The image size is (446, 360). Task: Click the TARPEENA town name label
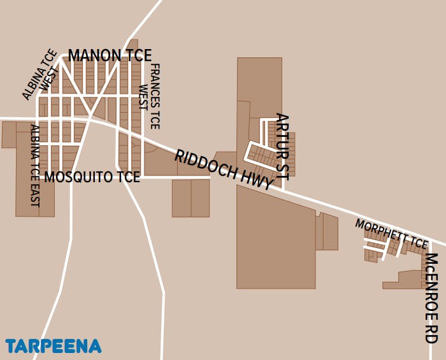54,346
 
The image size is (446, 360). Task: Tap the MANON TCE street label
110,55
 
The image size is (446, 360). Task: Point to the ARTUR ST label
282,146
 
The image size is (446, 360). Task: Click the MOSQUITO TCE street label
92,177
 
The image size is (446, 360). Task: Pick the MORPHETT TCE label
391,234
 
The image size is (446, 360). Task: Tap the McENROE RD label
431,298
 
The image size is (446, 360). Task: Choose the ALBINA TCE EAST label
35,166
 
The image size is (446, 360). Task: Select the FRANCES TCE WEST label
150,96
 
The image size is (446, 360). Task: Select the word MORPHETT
381,231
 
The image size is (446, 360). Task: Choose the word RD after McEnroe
431,334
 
